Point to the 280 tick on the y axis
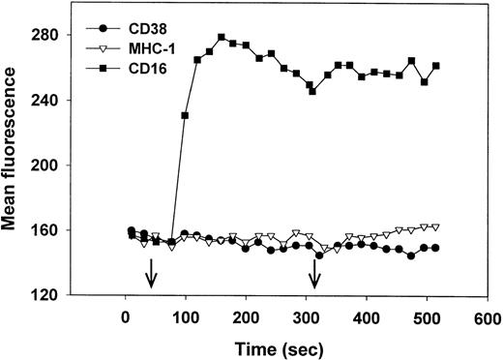(x=62, y=36)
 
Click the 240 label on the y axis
(x=62, y=101)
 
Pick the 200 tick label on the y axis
(x=62, y=165)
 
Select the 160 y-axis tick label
(x=62, y=230)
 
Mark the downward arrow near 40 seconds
(x=150, y=279)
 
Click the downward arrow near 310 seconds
(x=313, y=279)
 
